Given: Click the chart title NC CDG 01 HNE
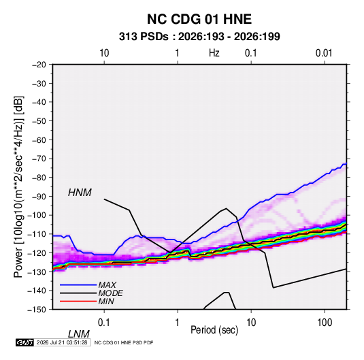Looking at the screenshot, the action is point(199,19).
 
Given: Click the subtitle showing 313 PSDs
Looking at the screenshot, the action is point(199,37).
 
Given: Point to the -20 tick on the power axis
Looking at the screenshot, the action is point(39,65).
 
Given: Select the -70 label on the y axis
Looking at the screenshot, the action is point(39,159).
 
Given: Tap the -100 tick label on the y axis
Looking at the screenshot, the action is point(37,215).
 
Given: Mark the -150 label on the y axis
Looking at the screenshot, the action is point(37,310).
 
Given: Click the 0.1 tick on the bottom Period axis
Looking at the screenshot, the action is point(104,323).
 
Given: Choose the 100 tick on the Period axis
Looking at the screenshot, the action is point(325,323).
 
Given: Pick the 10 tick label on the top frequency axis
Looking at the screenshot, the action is point(104,53).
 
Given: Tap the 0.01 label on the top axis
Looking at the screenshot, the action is point(324,53).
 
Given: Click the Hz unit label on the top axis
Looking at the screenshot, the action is point(214,53).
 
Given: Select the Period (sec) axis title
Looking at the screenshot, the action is point(214,330).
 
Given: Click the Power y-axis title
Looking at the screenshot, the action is point(18,186).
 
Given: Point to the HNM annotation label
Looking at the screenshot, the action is point(80,193).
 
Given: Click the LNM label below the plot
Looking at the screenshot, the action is point(79,334).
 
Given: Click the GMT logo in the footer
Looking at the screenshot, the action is point(24,342).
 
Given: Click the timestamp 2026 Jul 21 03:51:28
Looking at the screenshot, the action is point(62,342).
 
